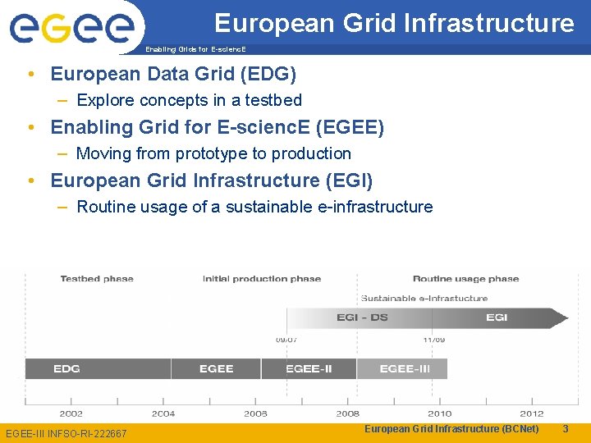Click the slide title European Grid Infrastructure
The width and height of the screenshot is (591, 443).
coord(394,23)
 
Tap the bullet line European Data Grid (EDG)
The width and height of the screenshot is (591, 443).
coord(173,74)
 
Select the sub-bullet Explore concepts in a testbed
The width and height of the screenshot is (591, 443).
coord(189,100)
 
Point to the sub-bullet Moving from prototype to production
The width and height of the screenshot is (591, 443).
coord(213,153)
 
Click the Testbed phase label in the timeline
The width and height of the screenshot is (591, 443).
coord(97,279)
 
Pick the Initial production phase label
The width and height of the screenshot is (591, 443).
coord(262,279)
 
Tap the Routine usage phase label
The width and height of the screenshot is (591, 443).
coord(465,279)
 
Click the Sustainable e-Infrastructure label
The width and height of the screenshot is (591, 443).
coord(424,298)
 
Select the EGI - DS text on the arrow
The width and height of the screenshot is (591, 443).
coord(362,317)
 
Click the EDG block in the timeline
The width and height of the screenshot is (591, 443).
coord(66,369)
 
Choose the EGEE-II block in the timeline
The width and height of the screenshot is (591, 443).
coord(309,369)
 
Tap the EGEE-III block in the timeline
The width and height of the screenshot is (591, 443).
coord(405,369)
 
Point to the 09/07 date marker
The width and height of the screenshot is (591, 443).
coord(286,339)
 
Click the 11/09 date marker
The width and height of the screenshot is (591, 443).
coord(434,339)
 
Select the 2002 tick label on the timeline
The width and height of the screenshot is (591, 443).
coord(71,413)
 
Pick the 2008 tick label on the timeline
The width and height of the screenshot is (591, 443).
coord(347,413)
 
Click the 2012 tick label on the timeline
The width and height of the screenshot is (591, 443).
coord(532,413)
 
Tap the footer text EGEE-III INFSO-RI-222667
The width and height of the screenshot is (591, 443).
coord(66,433)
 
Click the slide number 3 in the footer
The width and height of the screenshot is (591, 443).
coord(565,429)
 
